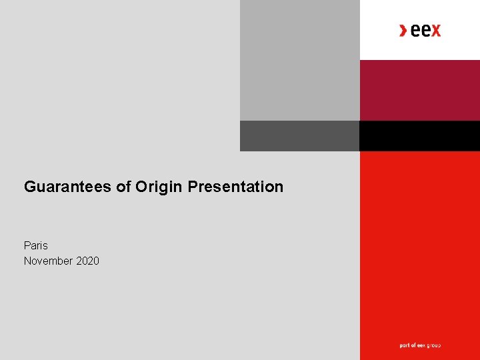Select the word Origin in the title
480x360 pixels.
click(x=159, y=187)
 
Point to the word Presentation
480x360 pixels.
click(x=235, y=187)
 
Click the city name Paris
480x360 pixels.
click(x=36, y=245)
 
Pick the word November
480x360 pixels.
click(x=49, y=261)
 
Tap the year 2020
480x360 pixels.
click(x=87, y=261)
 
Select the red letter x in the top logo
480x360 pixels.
click(x=435, y=30)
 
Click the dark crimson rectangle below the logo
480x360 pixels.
click(x=419, y=90)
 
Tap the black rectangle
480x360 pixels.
click(x=419, y=136)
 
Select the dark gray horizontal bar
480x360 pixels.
click(x=299, y=136)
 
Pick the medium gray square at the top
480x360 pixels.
click(x=299, y=60)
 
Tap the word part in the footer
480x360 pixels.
click(x=404, y=345)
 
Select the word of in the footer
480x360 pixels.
click(x=413, y=345)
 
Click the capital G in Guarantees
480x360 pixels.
click(x=29, y=187)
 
